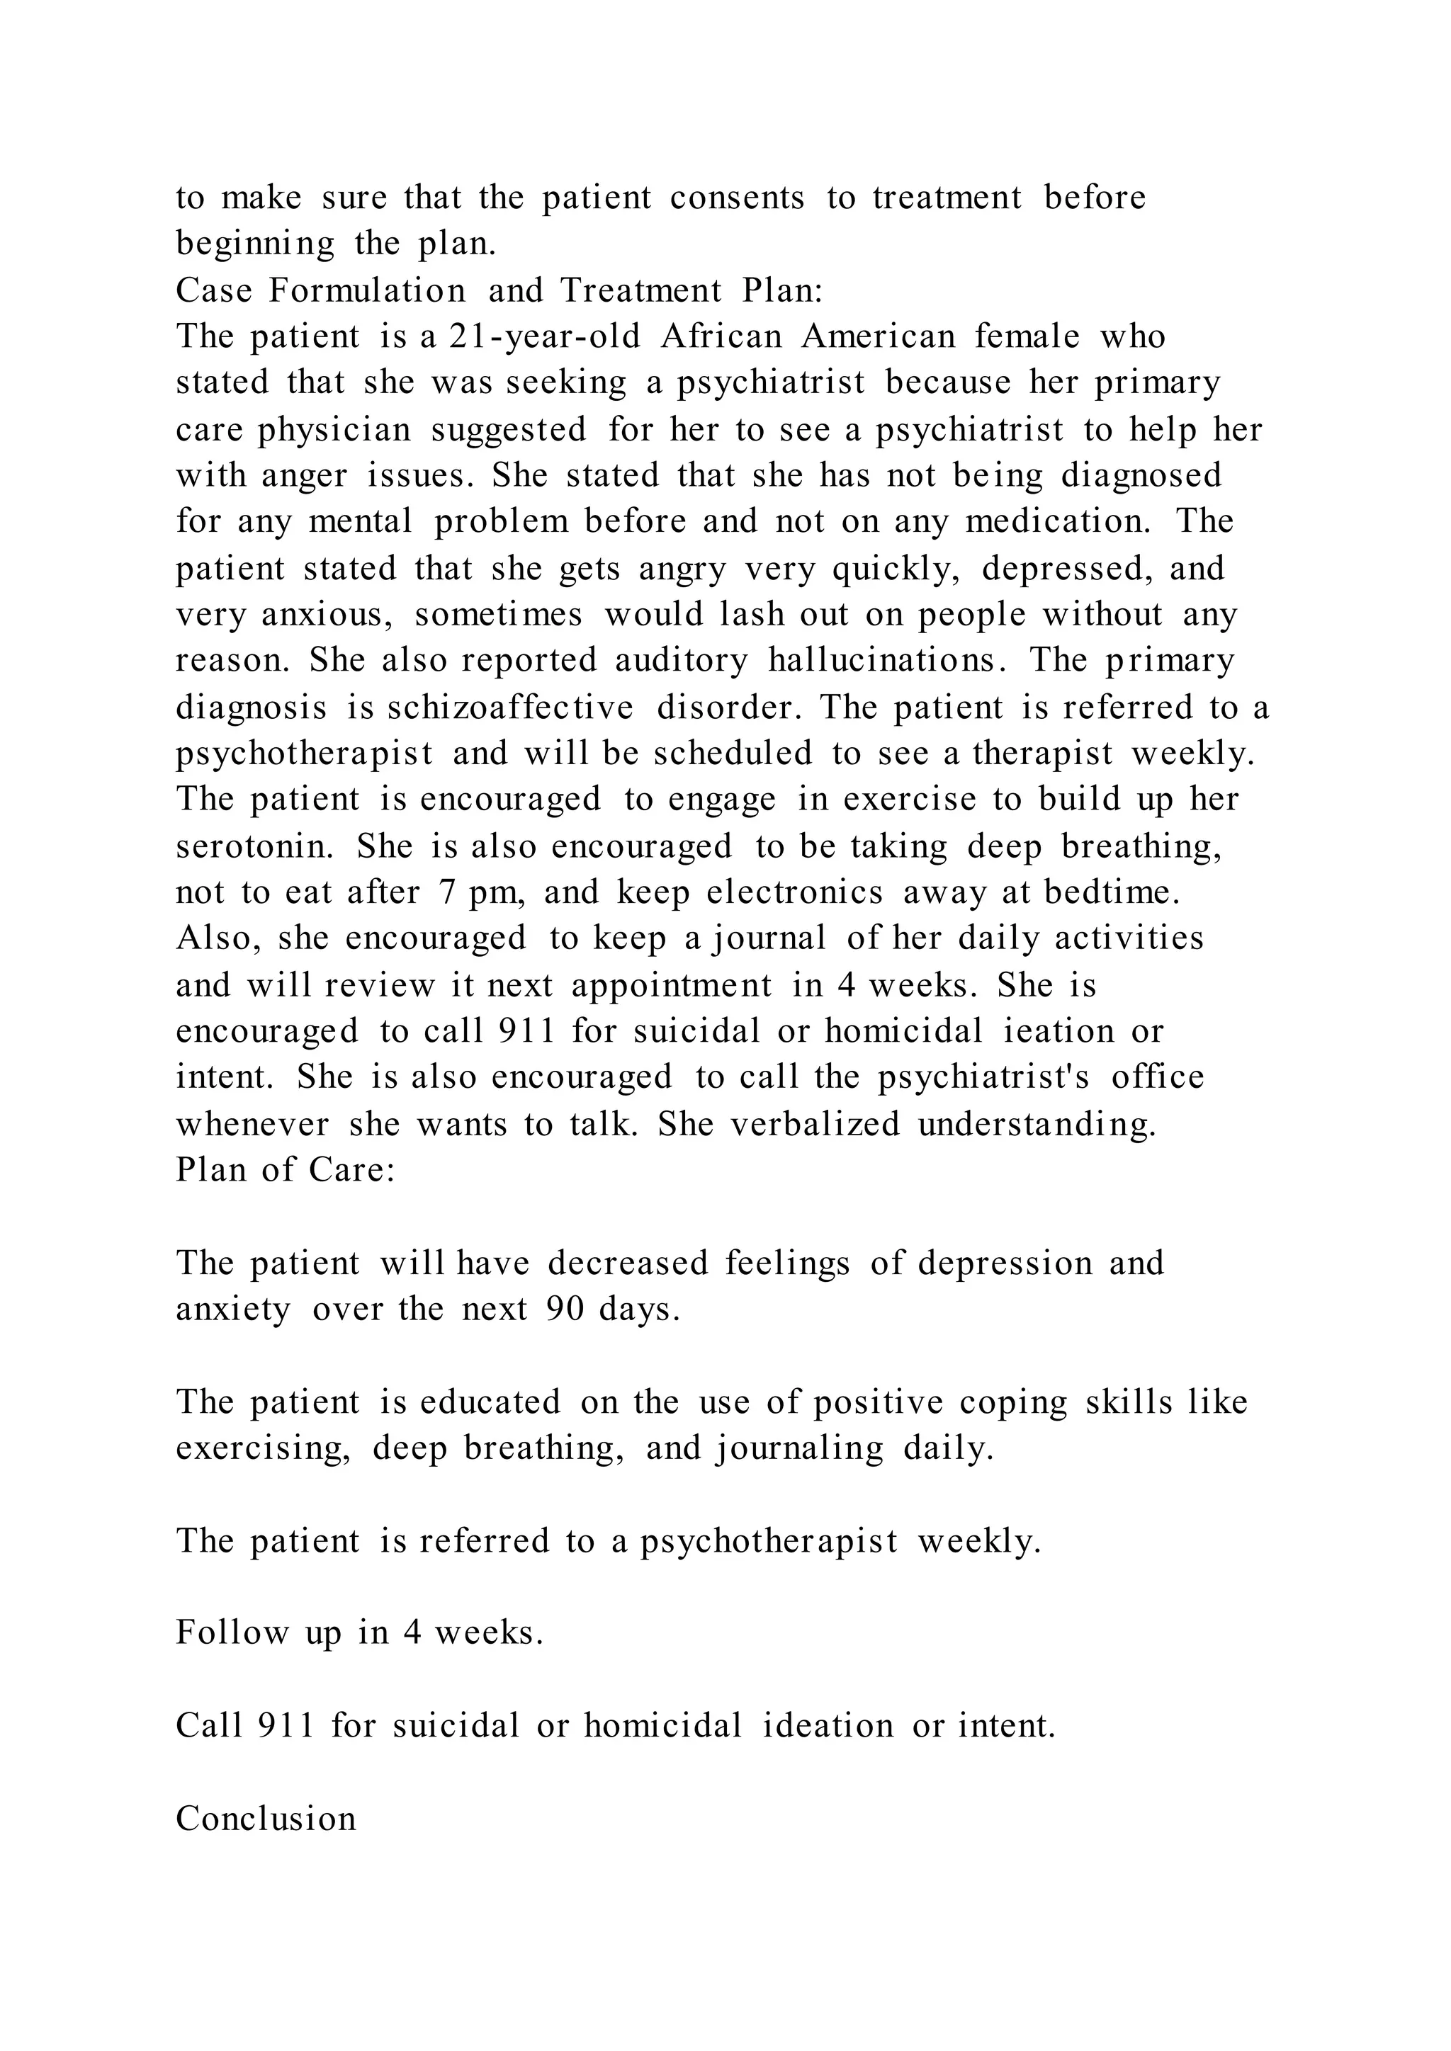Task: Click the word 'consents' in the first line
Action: coord(737,198)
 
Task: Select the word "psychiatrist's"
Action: coord(983,1077)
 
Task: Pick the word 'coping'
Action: coord(1014,1402)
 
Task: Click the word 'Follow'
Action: coord(232,1633)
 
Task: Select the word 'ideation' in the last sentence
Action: coord(828,1726)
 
